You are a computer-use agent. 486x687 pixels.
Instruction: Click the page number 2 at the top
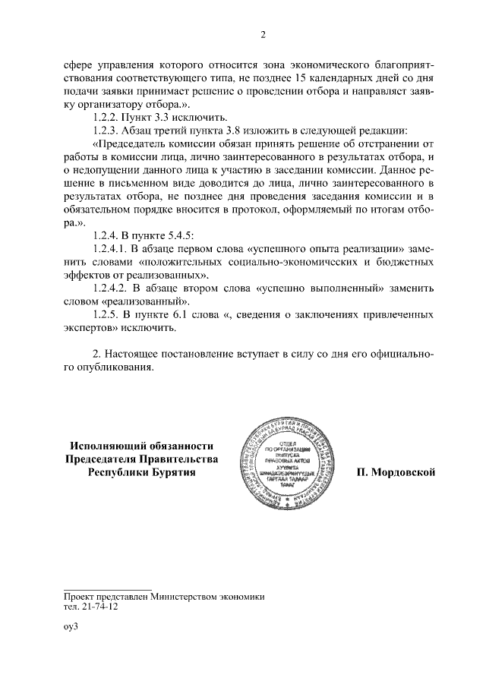click(x=262, y=34)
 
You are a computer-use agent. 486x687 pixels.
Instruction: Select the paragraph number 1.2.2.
click(x=105, y=117)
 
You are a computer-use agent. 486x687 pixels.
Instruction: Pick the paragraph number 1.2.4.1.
click(x=110, y=248)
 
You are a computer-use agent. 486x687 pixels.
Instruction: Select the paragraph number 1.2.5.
click(x=105, y=314)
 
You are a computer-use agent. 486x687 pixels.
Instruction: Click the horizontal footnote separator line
click(x=109, y=588)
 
